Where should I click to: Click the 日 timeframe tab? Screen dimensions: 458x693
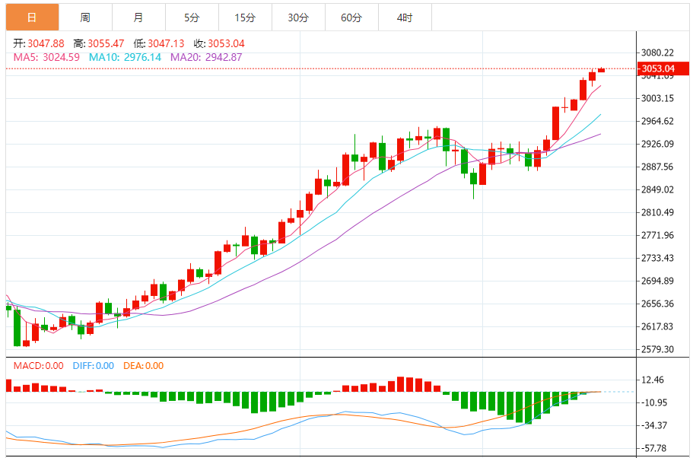click(32, 17)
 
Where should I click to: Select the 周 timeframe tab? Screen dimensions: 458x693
click(85, 17)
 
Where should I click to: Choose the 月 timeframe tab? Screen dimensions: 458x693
click(138, 17)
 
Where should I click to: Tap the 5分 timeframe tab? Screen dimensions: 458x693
click(192, 17)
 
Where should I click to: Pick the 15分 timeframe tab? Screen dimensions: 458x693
click(245, 17)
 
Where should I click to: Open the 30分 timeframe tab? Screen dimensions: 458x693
click(298, 17)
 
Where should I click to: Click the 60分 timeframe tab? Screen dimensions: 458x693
click(351, 17)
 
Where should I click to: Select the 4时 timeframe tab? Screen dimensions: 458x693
click(405, 17)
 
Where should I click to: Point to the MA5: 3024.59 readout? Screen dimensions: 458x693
click(47, 56)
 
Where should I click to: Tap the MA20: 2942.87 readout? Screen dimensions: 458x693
click(206, 56)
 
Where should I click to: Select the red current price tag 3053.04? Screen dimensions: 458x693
click(658, 69)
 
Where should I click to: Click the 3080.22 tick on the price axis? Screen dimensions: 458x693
click(658, 52)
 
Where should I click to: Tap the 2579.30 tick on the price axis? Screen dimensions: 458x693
click(658, 349)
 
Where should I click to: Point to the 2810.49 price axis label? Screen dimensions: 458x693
click(658, 212)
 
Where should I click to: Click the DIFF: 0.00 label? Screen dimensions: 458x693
click(94, 366)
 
